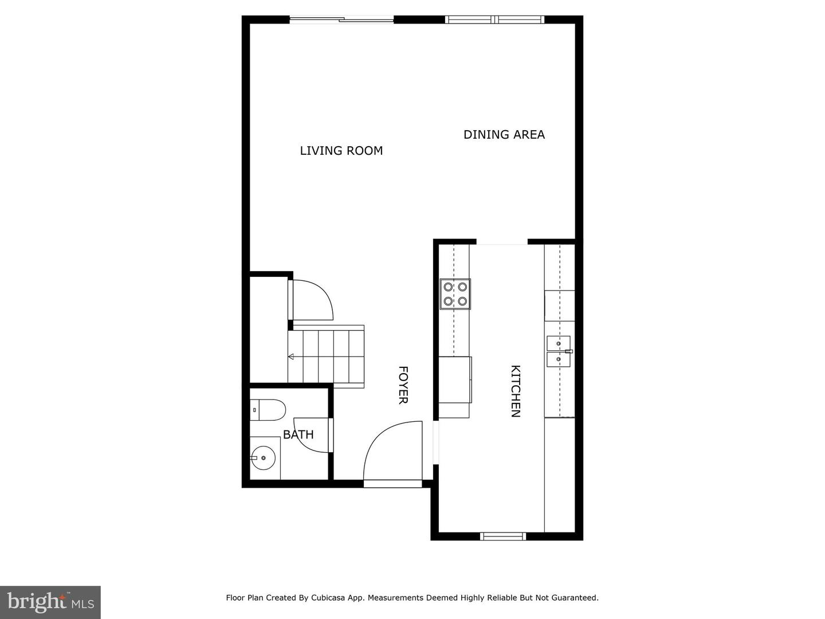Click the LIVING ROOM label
[x=341, y=151]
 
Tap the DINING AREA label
[x=504, y=135]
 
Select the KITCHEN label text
[x=516, y=391]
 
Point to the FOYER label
[x=403, y=385]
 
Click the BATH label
[x=298, y=434]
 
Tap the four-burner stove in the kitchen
[x=455, y=294]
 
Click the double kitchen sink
[x=559, y=351]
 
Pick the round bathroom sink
[x=264, y=458]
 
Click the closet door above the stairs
[x=313, y=300]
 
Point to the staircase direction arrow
[x=291, y=356]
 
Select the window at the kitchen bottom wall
[x=502, y=536]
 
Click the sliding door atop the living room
[x=341, y=20]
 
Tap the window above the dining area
[x=494, y=20]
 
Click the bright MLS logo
[x=50, y=602]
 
